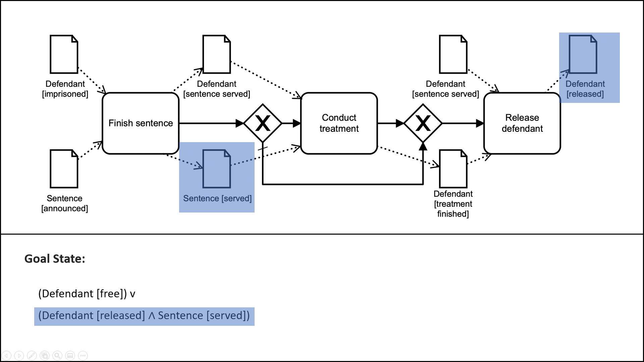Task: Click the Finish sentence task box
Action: (141, 123)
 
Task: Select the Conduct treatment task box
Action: (339, 123)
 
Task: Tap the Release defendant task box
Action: (522, 123)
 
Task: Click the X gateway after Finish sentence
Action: (263, 123)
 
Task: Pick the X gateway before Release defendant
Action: (423, 123)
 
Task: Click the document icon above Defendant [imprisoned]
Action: (64, 54)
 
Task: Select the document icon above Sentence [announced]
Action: (64, 169)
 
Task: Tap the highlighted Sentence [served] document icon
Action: (216, 169)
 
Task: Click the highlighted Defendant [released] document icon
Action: (583, 54)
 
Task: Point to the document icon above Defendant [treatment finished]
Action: (453, 169)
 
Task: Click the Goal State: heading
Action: (55, 259)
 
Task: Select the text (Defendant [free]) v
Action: (87, 294)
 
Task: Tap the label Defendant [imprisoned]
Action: (65, 89)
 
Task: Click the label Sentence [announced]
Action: (64, 203)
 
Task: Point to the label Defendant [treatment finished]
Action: (453, 204)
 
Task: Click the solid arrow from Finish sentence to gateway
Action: (208, 123)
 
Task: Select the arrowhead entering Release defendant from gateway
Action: (480, 123)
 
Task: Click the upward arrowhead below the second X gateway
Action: (423, 146)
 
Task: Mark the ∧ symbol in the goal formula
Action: (152, 316)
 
